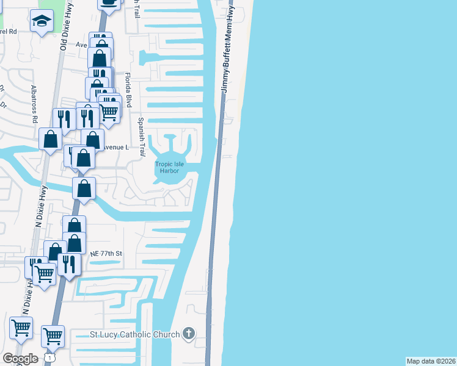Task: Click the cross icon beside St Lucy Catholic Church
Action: tap(189, 334)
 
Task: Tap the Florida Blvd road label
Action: tap(128, 90)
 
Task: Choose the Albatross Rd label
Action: tap(35, 104)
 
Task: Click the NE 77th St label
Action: tap(106, 253)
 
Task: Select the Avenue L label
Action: tap(116, 148)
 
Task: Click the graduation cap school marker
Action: tap(42, 22)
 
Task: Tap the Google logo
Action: tap(20, 359)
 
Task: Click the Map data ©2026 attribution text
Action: tap(431, 361)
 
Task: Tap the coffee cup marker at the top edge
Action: tap(109, 2)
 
